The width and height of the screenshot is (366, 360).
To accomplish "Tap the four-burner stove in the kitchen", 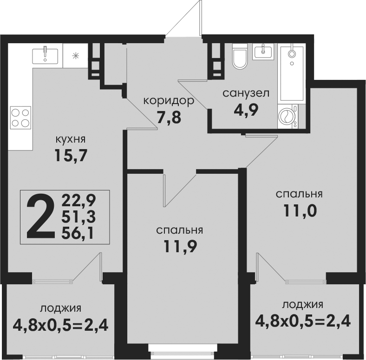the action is (x=20, y=118).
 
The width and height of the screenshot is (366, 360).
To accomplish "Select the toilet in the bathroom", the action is (x=240, y=56).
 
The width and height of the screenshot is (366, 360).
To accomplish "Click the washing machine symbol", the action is (x=288, y=116).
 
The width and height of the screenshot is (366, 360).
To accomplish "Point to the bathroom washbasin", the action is (x=263, y=52).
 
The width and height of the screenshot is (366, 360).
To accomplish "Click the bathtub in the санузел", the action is (x=292, y=73).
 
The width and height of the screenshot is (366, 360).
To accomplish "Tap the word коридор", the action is (x=169, y=101).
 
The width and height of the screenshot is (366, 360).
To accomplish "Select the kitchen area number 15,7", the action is (x=71, y=156).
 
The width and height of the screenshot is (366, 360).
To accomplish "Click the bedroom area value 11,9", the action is (x=180, y=246).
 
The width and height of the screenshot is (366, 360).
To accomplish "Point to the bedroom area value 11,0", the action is (x=300, y=210).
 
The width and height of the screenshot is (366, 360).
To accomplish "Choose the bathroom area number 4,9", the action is (x=246, y=110).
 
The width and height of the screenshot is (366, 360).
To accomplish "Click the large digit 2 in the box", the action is (x=40, y=217).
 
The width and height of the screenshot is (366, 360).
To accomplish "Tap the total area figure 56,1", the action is (x=78, y=233).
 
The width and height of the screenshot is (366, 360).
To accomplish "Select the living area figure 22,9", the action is (x=78, y=201).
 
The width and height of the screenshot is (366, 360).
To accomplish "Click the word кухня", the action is (x=71, y=139).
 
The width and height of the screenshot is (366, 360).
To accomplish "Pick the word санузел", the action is (x=246, y=93).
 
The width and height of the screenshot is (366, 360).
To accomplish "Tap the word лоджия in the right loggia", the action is (x=303, y=304).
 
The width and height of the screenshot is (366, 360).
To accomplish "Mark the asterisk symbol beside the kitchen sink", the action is (x=75, y=56).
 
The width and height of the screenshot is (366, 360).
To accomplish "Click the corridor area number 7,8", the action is (x=169, y=118).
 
